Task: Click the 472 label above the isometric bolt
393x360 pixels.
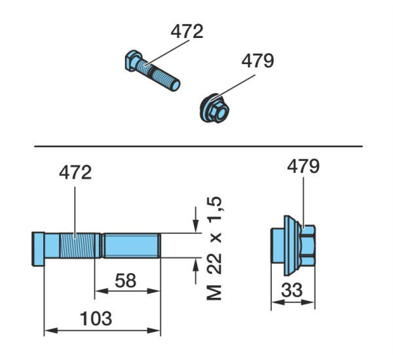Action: [187, 31]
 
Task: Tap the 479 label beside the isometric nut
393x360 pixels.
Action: [257, 61]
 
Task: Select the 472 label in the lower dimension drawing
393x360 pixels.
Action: [75, 172]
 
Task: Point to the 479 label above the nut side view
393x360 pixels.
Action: [303, 166]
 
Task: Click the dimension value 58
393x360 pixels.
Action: [126, 281]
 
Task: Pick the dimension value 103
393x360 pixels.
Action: [96, 318]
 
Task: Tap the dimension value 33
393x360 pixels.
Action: [291, 290]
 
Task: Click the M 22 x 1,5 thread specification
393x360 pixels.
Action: [215, 248]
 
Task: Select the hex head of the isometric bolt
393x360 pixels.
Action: [133, 61]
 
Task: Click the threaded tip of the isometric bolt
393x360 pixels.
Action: [175, 84]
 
